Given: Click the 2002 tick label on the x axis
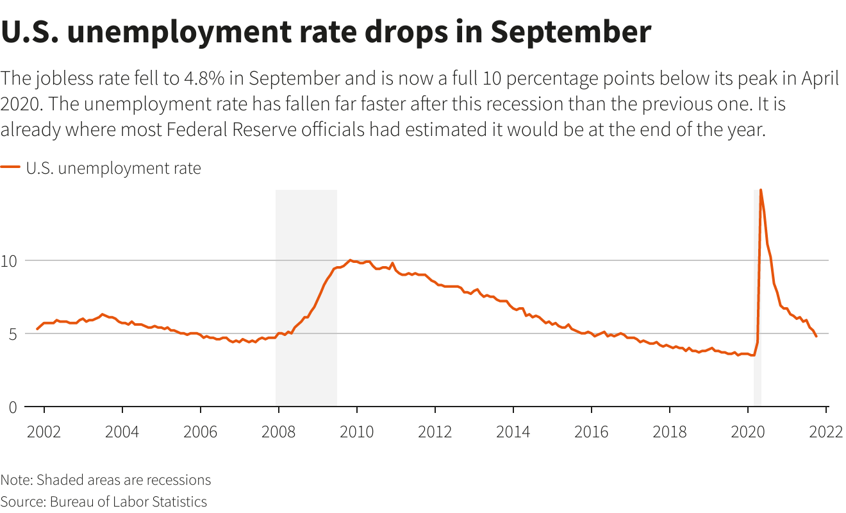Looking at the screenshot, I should [44, 431].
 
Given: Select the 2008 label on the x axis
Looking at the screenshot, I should [278, 431].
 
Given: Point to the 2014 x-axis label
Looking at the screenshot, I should [513, 431].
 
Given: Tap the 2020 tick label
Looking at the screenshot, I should [747, 431].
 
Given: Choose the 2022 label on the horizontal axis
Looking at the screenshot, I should [825, 431].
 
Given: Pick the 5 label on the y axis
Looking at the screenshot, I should [13, 333].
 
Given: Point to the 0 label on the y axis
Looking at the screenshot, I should [13, 407].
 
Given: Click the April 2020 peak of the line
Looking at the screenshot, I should [761, 190].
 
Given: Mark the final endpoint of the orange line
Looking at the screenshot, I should [816, 336].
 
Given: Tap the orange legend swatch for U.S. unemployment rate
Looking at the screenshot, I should [10, 168].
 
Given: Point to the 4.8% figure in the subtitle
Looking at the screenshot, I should [206, 79].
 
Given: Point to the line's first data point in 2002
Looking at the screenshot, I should [37, 329].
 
